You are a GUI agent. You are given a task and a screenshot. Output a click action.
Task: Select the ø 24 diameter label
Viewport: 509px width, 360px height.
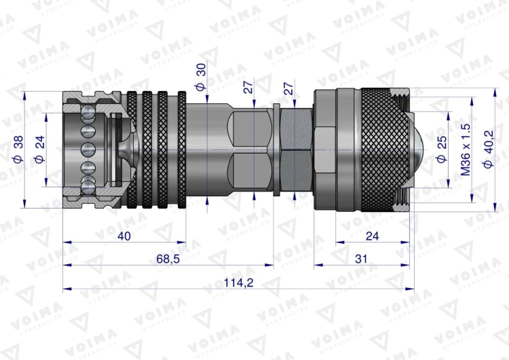pos(39,149)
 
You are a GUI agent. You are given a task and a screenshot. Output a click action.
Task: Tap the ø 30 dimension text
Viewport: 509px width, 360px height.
pos(201,77)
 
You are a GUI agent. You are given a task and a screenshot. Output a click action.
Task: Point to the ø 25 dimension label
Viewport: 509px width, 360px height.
pos(442,149)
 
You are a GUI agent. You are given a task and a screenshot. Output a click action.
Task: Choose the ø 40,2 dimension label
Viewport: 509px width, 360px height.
pos(489,149)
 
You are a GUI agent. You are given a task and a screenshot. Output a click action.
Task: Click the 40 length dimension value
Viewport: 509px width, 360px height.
pos(124,236)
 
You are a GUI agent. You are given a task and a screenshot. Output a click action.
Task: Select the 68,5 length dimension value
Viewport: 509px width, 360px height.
pos(168,259)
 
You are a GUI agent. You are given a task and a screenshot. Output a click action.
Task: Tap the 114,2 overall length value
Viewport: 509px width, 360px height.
pos(239,283)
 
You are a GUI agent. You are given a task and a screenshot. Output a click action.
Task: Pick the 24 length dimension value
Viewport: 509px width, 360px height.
pos(373,236)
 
